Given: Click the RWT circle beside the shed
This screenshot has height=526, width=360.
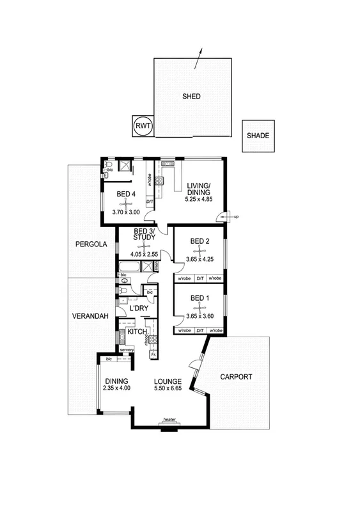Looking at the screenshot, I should tap(142, 126).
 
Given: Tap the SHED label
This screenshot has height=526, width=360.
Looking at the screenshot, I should tap(191, 97).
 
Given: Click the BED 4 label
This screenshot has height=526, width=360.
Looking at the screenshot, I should tap(126, 194).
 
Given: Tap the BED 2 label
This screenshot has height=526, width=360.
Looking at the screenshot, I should tap(200, 241).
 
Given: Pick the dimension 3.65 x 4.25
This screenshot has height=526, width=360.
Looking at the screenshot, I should tap(200, 259).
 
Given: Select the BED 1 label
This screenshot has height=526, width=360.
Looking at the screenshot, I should tap(200, 298).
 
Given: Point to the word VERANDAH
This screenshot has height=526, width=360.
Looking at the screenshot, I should tap(89, 315).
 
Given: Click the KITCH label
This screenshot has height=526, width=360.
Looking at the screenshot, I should tap(137, 331).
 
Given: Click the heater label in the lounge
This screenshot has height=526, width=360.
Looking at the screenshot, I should tap(169, 420).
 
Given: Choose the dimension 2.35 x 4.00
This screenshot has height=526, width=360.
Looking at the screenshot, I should tap(118, 388).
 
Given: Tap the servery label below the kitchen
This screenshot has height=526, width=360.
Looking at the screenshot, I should tap(126, 350).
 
